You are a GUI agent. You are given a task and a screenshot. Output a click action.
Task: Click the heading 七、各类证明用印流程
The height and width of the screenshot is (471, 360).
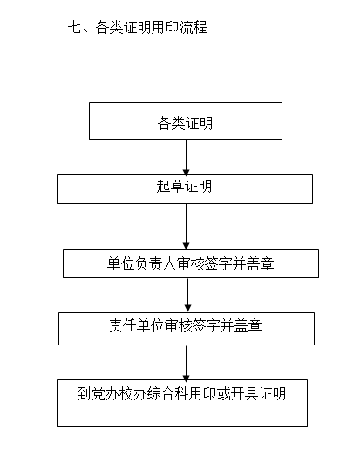point(138,28)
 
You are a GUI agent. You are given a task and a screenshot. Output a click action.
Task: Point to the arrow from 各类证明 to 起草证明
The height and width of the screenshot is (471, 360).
point(186,157)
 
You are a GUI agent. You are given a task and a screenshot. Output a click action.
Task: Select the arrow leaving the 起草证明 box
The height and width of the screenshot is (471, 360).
point(187,227)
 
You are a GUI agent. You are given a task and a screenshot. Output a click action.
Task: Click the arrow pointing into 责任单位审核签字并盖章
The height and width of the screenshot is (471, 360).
point(187,296)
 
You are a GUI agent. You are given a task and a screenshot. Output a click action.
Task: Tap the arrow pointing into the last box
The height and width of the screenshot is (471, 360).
point(186,363)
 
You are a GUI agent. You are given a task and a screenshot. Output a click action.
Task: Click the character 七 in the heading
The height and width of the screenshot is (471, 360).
point(74,28)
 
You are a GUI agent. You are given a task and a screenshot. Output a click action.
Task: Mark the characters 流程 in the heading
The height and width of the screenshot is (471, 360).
point(194,28)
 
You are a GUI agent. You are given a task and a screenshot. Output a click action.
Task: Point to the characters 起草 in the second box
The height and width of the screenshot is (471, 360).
point(170,187)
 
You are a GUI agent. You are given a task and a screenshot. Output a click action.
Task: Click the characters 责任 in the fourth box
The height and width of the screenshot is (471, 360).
point(122,325)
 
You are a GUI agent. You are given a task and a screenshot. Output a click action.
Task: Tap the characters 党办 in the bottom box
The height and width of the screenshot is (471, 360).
point(105,393)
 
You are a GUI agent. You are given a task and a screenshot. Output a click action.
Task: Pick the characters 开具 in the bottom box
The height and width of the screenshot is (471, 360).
point(244,393)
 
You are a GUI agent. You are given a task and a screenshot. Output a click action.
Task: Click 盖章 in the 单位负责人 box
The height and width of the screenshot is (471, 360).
point(261,263)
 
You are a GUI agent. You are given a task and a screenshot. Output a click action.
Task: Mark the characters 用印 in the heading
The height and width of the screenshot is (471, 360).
point(166,28)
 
